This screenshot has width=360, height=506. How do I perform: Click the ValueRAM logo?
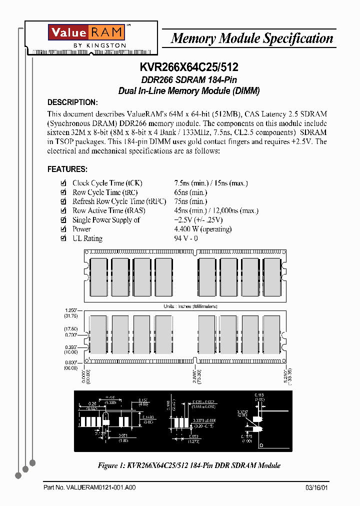click(x=86, y=32)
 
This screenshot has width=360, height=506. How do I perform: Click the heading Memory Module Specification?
click(x=252, y=38)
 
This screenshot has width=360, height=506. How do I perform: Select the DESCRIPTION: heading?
click(x=72, y=102)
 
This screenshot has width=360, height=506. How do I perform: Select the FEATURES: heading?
click(x=67, y=169)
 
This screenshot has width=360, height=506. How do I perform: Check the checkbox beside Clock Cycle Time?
click(x=63, y=183)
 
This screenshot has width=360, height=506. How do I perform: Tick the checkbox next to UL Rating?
click(x=63, y=238)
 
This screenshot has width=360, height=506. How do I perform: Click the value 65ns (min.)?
click(x=190, y=192)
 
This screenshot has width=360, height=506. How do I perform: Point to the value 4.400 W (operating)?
click(x=202, y=229)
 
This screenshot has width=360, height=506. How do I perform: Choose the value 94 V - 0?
click(x=185, y=238)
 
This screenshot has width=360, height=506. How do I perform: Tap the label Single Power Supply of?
click(x=106, y=220)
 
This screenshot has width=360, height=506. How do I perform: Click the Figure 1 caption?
click(x=189, y=465)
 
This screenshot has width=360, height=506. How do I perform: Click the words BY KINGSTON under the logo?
click(x=99, y=45)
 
